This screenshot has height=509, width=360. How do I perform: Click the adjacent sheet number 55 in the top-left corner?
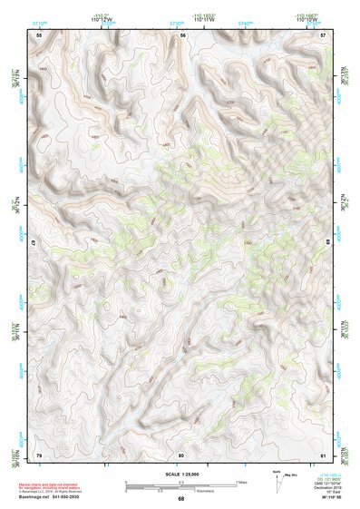tap(39, 34)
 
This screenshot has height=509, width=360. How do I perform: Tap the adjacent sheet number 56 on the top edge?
tap(182, 34)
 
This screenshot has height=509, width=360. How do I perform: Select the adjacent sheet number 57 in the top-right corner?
tap(324, 34)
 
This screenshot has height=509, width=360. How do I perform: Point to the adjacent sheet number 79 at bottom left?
tap(39, 454)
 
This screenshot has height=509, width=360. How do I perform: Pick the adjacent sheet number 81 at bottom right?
tap(324, 454)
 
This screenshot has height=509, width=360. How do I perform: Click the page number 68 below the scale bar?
tap(181, 498)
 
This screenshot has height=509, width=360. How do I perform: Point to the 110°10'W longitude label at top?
tap(312, 20)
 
